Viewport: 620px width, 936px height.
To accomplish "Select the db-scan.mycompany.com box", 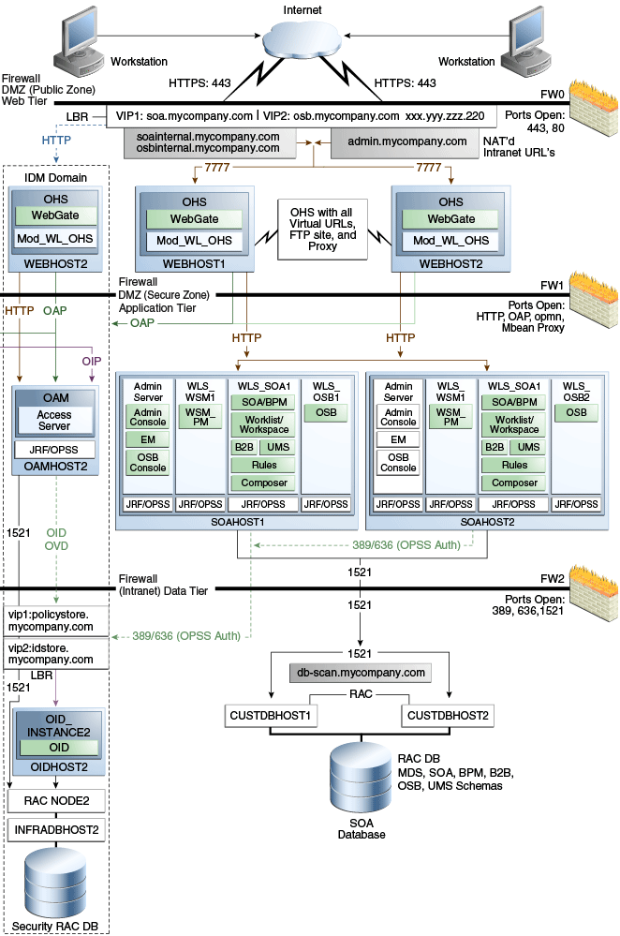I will (x=361, y=673).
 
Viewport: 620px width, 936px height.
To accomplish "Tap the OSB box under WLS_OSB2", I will (x=577, y=412).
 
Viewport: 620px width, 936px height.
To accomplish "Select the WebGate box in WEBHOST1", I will (x=195, y=218).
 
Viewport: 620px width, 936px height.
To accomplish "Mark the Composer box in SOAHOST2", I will (x=514, y=483).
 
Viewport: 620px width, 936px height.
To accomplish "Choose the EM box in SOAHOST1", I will (x=148, y=440).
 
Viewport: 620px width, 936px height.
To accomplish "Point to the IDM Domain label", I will (x=55, y=177).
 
